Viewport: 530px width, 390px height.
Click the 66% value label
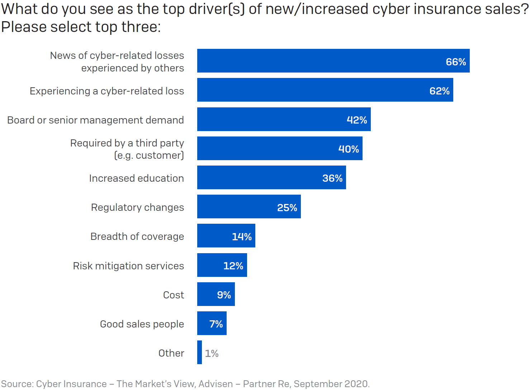456,62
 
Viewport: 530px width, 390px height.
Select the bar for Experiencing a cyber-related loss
325,90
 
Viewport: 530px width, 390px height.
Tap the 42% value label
357,120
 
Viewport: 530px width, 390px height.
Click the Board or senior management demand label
95,120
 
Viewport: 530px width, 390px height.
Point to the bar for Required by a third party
280,148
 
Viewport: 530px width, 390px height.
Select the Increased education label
136,178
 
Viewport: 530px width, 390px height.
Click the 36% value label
332,178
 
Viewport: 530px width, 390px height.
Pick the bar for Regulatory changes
249,206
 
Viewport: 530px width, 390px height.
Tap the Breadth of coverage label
137,236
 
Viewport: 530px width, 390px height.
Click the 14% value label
242,237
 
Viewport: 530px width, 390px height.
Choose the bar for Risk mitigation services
222,265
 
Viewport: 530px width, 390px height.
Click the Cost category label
174,295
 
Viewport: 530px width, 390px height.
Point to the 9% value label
224,295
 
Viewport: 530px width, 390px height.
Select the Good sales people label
142,324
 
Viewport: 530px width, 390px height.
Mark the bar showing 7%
212,323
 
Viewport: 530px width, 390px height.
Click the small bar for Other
199,352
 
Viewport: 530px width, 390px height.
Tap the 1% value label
212,353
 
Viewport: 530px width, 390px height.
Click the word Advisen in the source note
216,384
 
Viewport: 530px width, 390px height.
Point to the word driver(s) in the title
217,9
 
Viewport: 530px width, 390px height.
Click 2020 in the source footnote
356,384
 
